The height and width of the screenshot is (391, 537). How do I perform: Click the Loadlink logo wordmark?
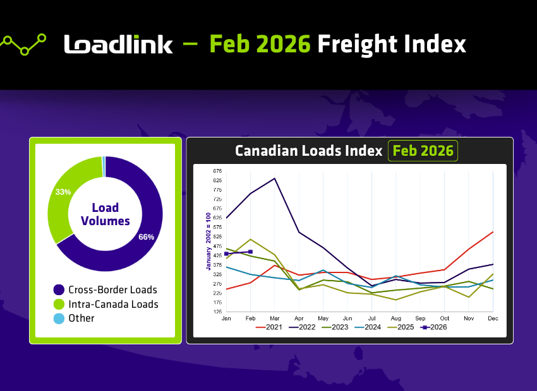[x=118, y=44]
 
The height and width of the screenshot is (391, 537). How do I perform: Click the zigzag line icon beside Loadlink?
[x=24, y=44]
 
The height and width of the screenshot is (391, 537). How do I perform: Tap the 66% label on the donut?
[x=146, y=237]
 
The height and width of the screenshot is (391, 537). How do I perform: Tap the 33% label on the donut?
[x=63, y=192]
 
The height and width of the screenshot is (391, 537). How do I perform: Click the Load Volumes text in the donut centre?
[x=105, y=214]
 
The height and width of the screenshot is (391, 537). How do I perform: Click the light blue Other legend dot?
[x=59, y=318]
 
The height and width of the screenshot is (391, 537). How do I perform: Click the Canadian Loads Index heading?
[x=308, y=151]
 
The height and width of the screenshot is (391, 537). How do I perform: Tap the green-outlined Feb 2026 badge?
[x=423, y=151]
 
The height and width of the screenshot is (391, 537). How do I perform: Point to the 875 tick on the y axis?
[x=217, y=171]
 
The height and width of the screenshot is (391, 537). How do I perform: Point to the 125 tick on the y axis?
[x=217, y=312]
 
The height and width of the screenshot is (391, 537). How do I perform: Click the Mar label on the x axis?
[x=274, y=318]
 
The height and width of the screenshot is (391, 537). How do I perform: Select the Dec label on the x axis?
[x=493, y=318]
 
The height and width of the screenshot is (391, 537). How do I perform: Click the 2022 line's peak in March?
[x=274, y=178]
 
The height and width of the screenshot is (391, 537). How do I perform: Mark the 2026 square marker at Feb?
[x=250, y=252]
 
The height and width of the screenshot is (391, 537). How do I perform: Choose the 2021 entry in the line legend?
[x=270, y=328]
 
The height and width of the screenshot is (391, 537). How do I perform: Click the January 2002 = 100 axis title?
[x=208, y=241]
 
